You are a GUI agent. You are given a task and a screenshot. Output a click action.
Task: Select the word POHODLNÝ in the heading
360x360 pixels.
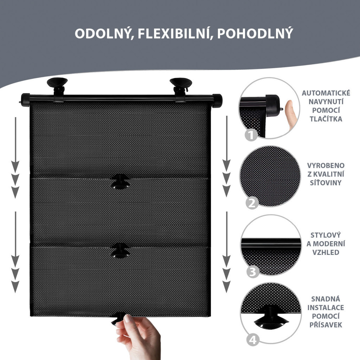pyautogui.click(x=255, y=33)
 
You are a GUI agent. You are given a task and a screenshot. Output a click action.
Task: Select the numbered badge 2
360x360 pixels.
pyautogui.click(x=252, y=203)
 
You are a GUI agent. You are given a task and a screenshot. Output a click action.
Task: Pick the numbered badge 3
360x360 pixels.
pyautogui.click(x=252, y=272)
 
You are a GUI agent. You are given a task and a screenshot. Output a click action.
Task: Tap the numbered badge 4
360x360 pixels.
pyautogui.click(x=253, y=340)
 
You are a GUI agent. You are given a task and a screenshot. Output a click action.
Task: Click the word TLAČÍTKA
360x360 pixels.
pyautogui.click(x=326, y=118)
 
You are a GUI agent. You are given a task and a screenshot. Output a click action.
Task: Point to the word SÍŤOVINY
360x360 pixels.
pyautogui.click(x=326, y=182)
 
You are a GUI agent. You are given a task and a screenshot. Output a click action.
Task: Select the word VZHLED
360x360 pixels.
pyautogui.click(x=326, y=252)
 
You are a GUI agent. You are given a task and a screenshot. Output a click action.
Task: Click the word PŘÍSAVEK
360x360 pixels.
pyautogui.click(x=326, y=324)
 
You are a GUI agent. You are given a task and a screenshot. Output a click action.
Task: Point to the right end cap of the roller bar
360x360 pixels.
pyautogui.click(x=217, y=101)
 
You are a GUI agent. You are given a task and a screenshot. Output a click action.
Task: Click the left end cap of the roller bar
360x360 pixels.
pyautogui.click(x=25, y=100)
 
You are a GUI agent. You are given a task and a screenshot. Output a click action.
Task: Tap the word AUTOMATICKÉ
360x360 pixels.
pyautogui.click(x=326, y=93)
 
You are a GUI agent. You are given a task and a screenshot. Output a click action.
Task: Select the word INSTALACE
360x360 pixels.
pyautogui.click(x=326, y=307)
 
